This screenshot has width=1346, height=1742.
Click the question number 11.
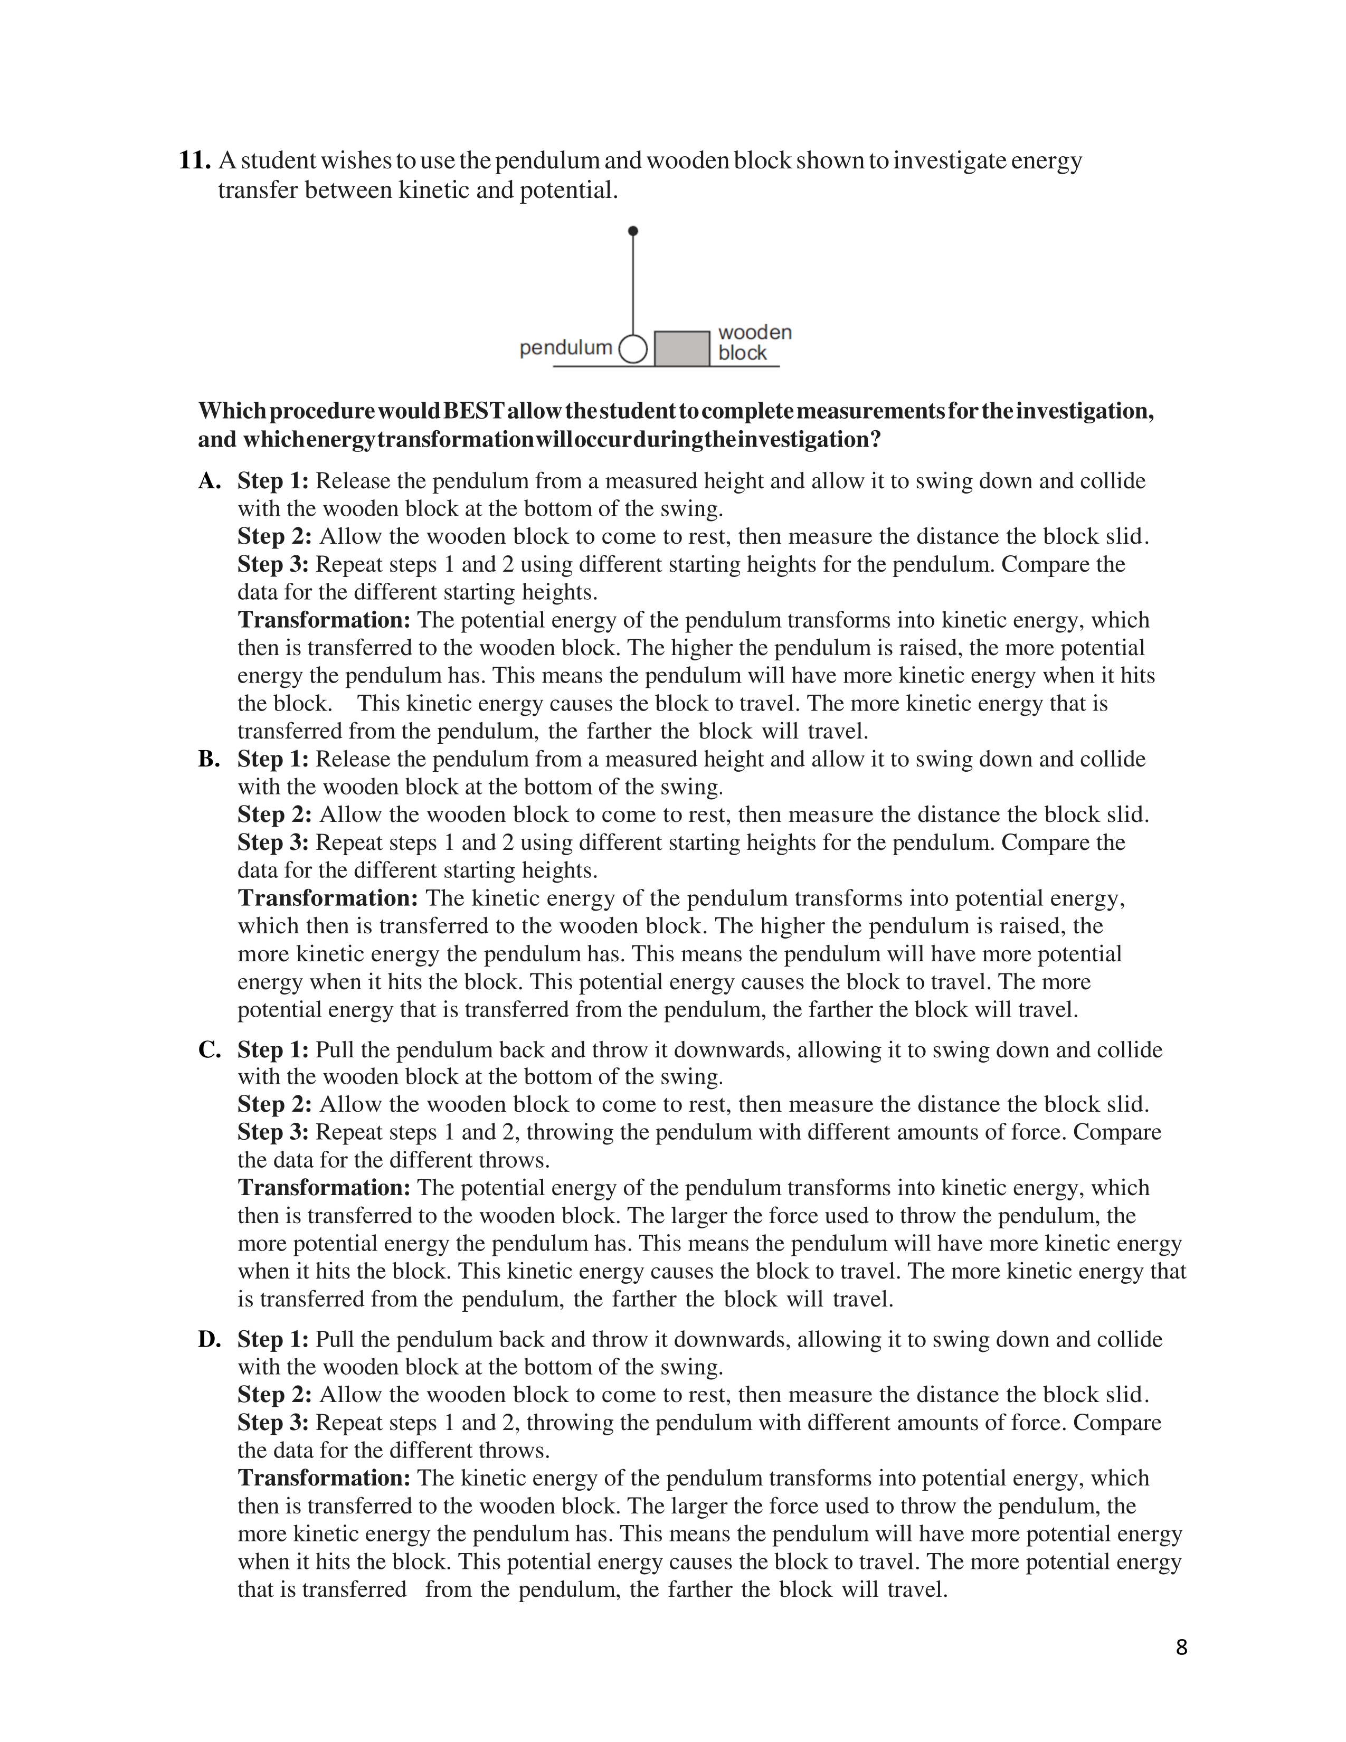pos(194,160)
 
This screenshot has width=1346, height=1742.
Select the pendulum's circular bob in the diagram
pos(633,348)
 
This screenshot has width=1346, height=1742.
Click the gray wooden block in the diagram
pos(682,348)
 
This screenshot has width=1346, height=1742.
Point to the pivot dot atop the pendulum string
pos(633,231)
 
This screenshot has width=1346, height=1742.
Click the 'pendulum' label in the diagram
pos(565,348)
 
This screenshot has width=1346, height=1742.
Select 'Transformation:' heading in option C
pos(324,1188)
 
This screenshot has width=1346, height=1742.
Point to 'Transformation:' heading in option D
pos(324,1478)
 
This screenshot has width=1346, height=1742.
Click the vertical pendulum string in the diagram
pos(633,283)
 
